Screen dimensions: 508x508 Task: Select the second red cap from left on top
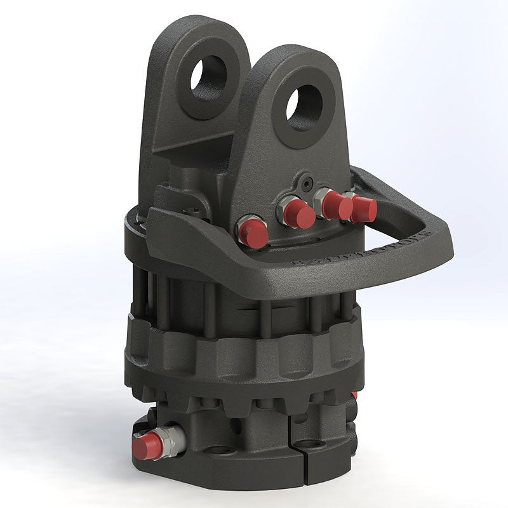click(x=299, y=215)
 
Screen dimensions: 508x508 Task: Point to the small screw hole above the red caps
click(x=307, y=179)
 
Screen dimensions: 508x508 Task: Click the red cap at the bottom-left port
click(x=147, y=446)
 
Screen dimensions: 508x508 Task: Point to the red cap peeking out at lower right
click(x=354, y=395)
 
